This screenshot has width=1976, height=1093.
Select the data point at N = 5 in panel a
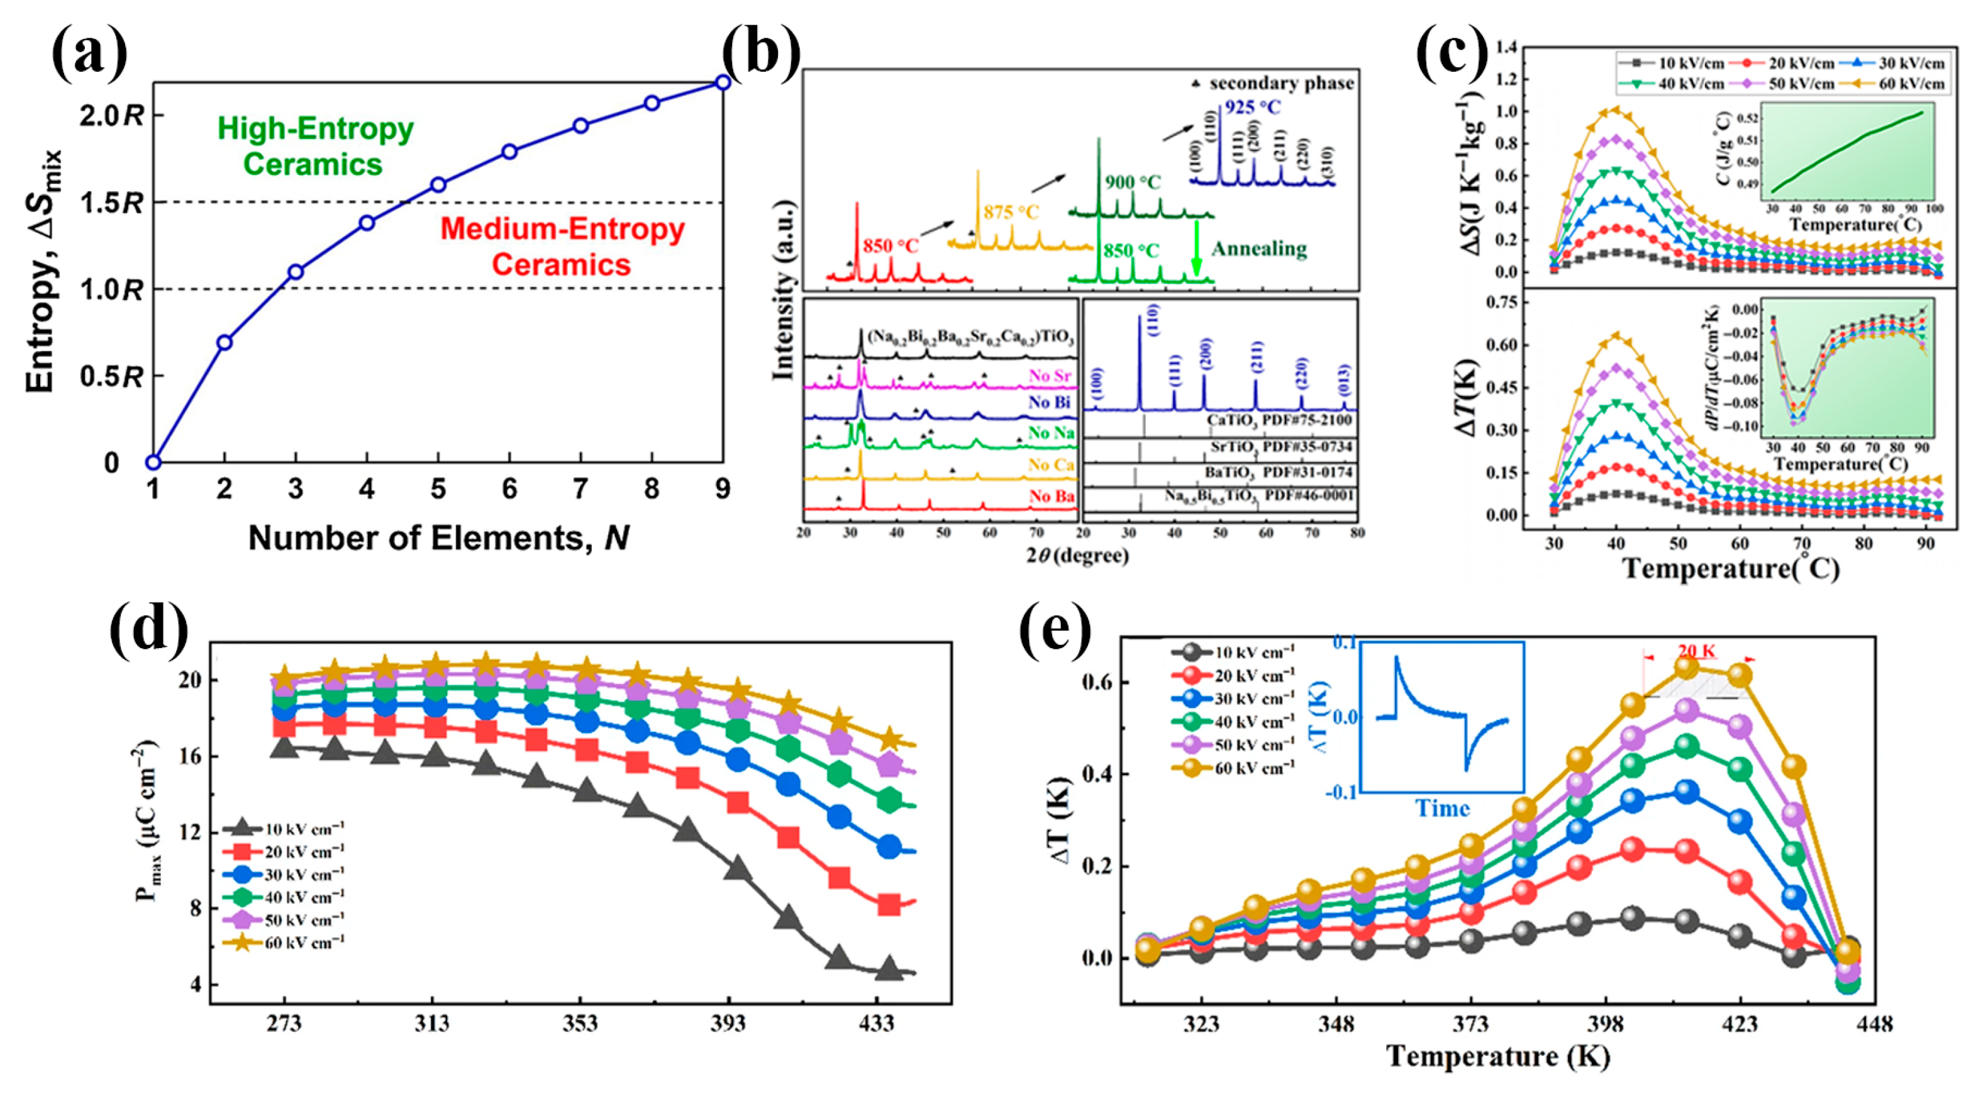(x=438, y=185)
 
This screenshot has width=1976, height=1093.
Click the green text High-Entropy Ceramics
(x=314, y=146)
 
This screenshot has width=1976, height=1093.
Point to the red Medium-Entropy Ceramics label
(x=562, y=247)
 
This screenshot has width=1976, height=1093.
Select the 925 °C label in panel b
(x=1252, y=107)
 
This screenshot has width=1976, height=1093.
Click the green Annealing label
(x=1259, y=249)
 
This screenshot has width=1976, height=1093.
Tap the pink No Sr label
(x=1050, y=375)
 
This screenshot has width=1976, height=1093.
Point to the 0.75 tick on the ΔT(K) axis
(x=1495, y=303)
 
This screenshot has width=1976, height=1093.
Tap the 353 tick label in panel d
(x=580, y=1024)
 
